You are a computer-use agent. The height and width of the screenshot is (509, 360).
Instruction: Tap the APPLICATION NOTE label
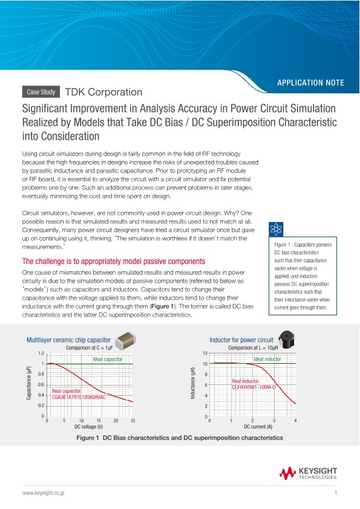coord(310,82)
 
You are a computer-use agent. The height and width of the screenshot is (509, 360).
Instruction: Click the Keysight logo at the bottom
coord(309,473)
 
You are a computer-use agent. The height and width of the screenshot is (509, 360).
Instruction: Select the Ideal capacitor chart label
coord(108,360)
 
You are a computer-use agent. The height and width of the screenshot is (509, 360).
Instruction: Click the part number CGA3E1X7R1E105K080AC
coord(79,397)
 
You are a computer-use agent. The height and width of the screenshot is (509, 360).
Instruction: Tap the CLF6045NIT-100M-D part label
coord(254,387)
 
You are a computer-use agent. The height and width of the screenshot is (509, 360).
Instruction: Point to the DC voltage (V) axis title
coord(89,427)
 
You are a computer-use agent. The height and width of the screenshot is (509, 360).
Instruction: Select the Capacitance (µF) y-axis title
coord(28,384)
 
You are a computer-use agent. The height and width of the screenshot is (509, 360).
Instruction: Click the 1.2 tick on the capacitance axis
coord(41,353)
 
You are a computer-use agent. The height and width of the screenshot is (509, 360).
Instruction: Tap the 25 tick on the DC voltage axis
coord(133,421)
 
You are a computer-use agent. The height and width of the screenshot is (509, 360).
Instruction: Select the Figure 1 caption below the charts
coord(180,438)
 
